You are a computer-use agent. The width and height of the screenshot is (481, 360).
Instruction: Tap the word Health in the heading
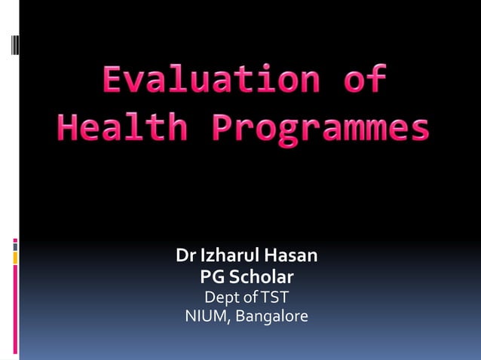click(121, 128)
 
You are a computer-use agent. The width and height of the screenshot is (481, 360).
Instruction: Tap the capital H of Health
click(68, 128)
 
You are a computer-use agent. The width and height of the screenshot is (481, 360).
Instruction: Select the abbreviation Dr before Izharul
click(185, 256)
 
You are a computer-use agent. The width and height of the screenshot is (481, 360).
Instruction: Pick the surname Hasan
click(292, 256)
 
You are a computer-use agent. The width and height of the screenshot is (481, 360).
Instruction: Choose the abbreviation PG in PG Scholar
click(212, 276)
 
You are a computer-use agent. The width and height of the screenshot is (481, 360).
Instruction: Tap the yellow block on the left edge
click(15, 258)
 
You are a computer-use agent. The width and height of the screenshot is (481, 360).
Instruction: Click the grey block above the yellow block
click(15, 246)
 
